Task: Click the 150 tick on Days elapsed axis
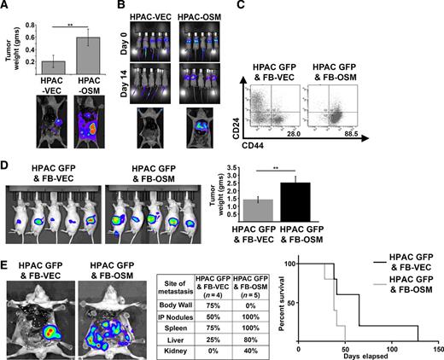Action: click(437, 349)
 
